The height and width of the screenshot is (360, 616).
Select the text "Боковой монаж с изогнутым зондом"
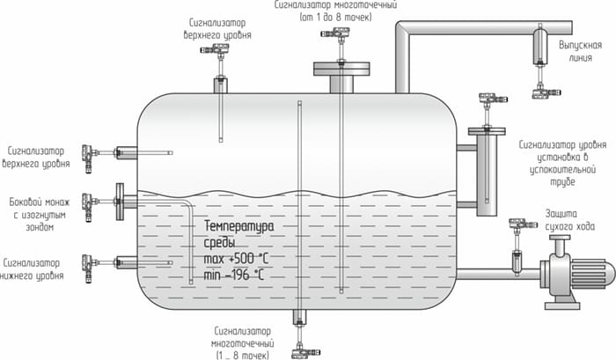coord(33,214)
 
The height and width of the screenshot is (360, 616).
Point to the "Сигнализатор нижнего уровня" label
coord(33,268)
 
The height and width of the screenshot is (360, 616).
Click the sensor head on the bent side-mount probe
coord(88,202)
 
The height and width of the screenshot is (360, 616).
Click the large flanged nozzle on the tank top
coord(338,75)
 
